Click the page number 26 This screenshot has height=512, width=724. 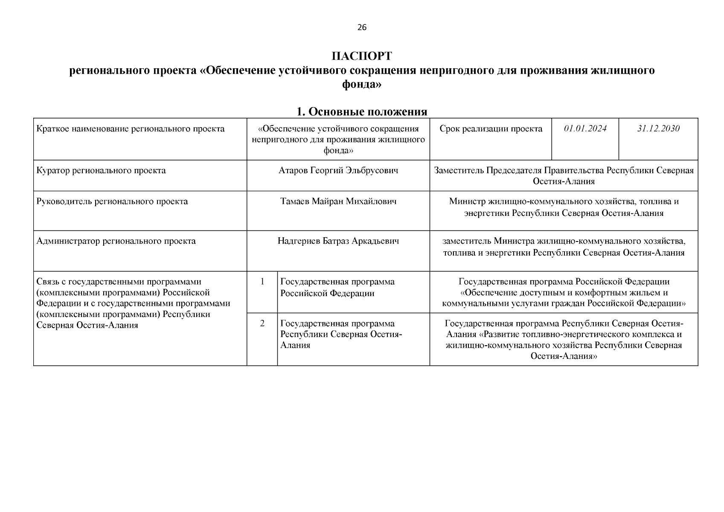click(x=361, y=28)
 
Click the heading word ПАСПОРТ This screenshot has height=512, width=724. click(x=362, y=56)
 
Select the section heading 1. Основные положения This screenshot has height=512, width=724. click(x=362, y=112)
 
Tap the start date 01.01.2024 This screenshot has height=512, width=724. click(x=585, y=128)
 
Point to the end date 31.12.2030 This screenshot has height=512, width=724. click(x=658, y=128)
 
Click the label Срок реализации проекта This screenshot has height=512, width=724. click(x=491, y=129)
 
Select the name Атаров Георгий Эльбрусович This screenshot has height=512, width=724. click(x=338, y=171)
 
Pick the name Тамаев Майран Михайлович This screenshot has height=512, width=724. click(x=338, y=201)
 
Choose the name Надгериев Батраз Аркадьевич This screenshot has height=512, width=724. click(x=338, y=241)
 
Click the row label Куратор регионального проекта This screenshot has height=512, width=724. click(x=101, y=171)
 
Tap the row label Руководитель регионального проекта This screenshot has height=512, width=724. click(x=112, y=201)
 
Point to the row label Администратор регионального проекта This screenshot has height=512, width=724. click(x=116, y=241)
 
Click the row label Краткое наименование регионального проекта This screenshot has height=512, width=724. click(x=131, y=129)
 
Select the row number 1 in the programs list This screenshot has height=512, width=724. click(x=262, y=282)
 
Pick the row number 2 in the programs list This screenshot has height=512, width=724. click(x=262, y=323)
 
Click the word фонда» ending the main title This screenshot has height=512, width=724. click(x=362, y=85)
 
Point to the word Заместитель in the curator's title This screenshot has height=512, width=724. click(x=459, y=171)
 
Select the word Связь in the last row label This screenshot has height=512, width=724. click(x=48, y=282)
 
